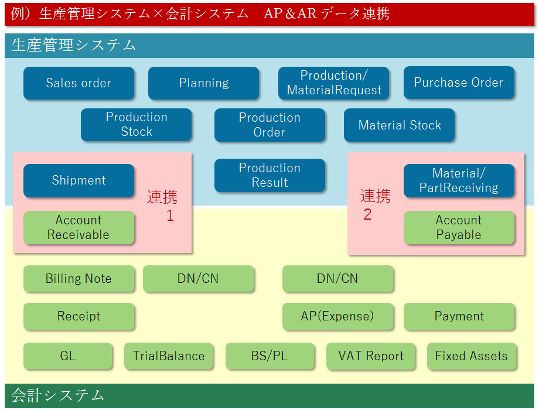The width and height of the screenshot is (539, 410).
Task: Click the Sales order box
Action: click(x=79, y=83)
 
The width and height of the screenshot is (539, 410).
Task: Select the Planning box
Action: click(x=203, y=83)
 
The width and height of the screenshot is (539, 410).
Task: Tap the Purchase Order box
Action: click(x=459, y=83)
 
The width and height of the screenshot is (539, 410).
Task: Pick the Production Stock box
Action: click(x=137, y=124)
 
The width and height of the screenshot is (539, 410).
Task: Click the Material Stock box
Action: click(x=400, y=125)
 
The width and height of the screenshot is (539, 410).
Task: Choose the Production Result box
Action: click(x=270, y=175)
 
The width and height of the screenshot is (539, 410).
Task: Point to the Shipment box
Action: click(x=79, y=180)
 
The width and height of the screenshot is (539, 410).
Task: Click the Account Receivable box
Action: click(x=79, y=227)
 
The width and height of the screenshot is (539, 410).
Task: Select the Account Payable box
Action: click(x=459, y=227)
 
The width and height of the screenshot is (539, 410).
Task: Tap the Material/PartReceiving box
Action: click(x=459, y=180)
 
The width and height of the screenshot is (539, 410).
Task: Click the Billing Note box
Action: click(x=79, y=279)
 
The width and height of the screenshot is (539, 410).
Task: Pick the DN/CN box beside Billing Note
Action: click(x=199, y=279)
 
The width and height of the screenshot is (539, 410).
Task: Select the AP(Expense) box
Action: click(x=337, y=316)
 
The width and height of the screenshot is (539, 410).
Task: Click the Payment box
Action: click(x=459, y=316)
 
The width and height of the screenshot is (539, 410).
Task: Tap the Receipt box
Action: click(x=79, y=316)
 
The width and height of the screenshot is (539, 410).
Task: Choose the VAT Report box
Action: click(x=370, y=356)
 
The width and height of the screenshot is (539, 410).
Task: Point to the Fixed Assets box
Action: click(x=472, y=356)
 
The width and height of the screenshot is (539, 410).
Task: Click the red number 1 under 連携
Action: click(x=170, y=216)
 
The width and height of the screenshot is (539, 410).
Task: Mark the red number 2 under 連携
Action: click(x=367, y=214)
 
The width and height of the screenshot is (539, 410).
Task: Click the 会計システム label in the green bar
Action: click(x=58, y=395)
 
